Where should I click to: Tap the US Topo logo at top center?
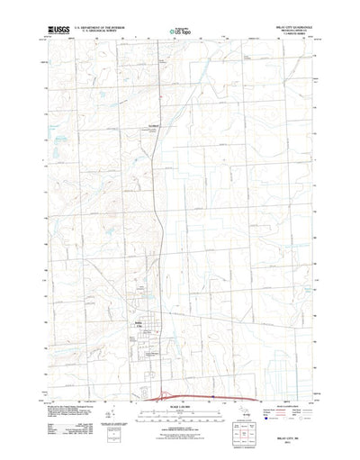[x=179, y=34]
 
